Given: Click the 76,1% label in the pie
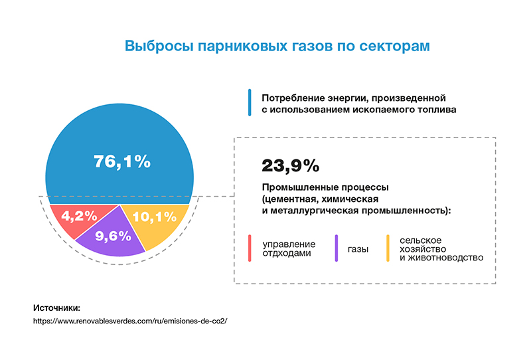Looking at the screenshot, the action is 122,161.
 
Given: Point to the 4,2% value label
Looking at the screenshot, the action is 79,216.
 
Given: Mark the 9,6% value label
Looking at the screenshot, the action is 113,236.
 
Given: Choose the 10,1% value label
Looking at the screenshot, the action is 155,217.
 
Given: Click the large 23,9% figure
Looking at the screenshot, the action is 290,166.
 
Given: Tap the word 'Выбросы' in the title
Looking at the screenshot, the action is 159,46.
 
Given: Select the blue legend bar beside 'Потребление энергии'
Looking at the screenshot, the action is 250,102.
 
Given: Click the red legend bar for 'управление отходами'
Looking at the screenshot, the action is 250,248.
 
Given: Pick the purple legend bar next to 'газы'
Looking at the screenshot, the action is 337,248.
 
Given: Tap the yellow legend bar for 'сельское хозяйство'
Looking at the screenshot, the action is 388,248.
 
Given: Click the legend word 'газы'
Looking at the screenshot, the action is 358,250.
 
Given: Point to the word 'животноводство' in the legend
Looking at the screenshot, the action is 445,258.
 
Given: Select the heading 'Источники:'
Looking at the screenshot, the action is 57,308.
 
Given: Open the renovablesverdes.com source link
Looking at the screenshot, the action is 130,321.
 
